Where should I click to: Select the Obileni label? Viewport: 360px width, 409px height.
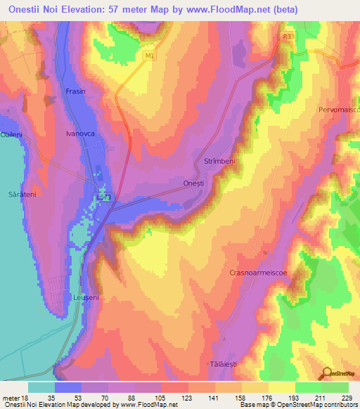click(x=12, y=134)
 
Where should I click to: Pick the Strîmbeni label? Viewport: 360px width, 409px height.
click(x=219, y=162)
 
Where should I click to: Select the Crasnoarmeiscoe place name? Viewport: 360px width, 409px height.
click(x=259, y=272)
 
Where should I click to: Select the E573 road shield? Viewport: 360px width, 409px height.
click(x=103, y=198)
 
